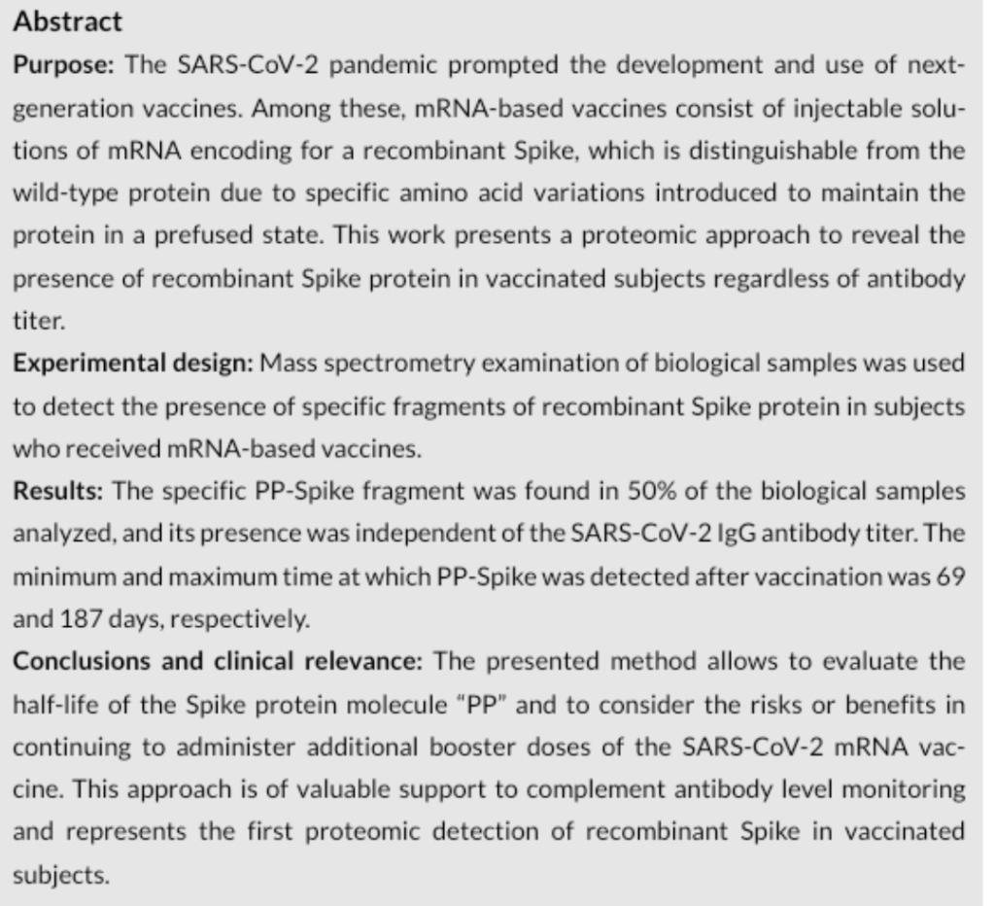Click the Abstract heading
[x=67, y=21]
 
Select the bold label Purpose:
[x=64, y=64]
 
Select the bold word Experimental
[x=82, y=364]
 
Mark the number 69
[x=954, y=577]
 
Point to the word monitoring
[x=914, y=790]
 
